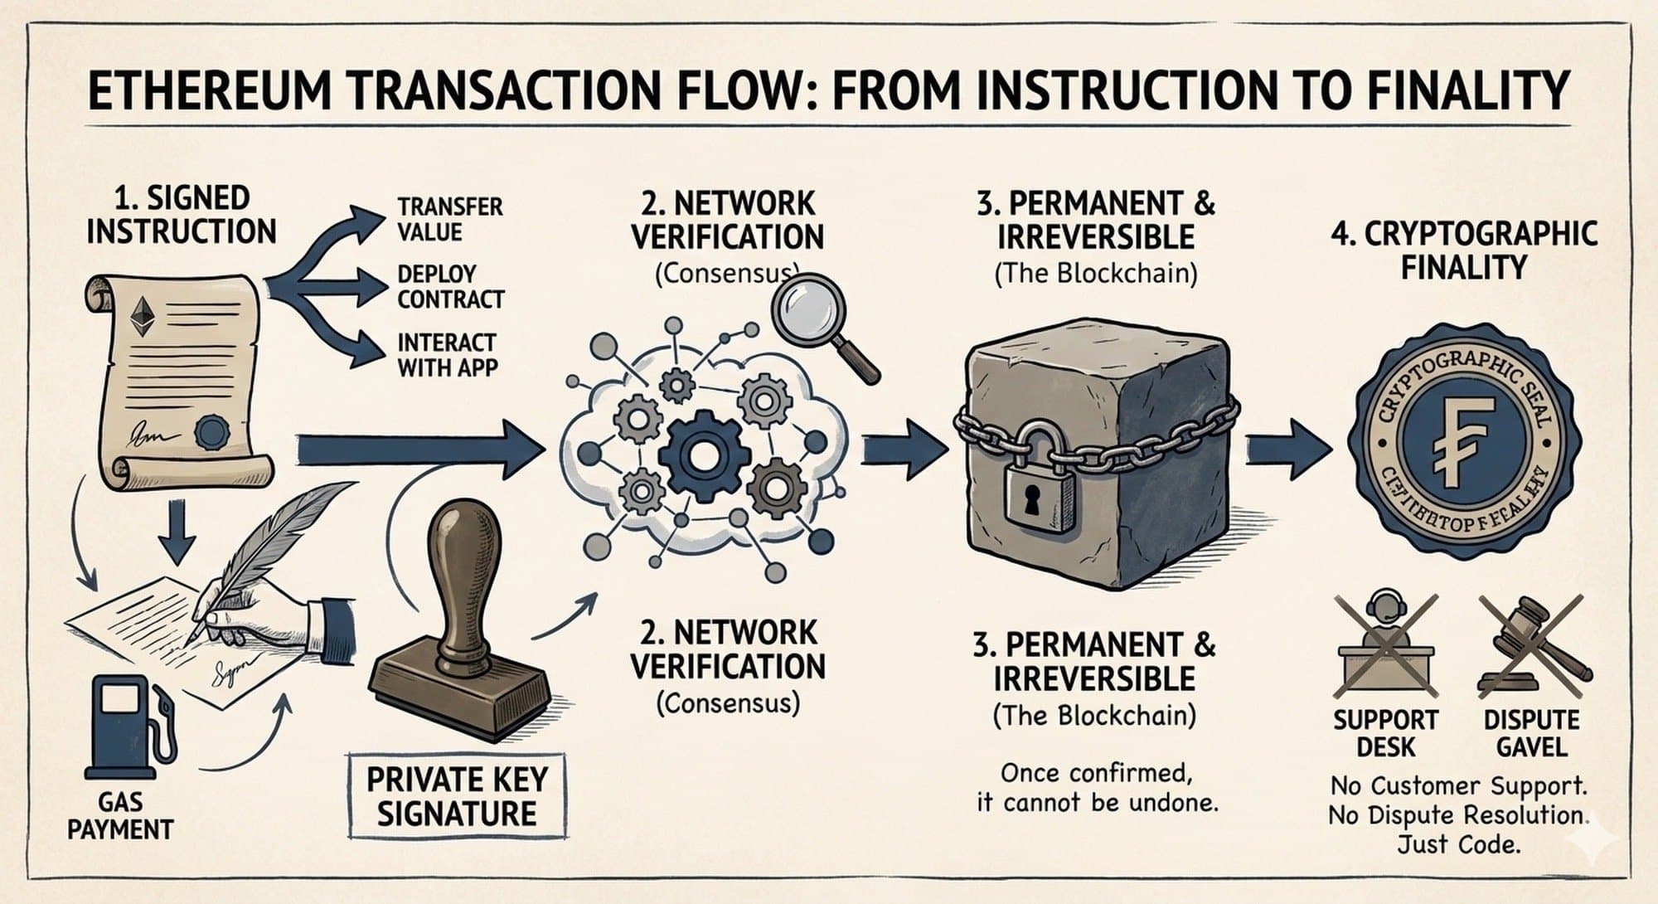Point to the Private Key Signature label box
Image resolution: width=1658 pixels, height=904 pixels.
tap(458, 796)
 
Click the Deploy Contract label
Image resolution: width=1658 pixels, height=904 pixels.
tap(450, 286)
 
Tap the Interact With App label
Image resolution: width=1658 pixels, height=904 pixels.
tap(447, 355)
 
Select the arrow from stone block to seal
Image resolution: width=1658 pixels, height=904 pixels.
tap(1290, 448)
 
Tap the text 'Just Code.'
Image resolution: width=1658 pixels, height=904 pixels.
tap(1458, 845)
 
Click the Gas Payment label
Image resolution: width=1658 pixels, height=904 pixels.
tap(120, 816)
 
